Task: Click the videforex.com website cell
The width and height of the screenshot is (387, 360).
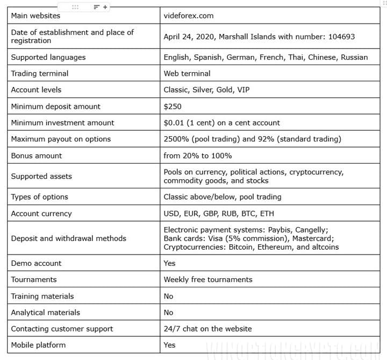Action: click(x=188, y=16)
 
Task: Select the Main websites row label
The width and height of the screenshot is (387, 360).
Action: click(x=35, y=16)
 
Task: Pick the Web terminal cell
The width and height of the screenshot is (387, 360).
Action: click(x=187, y=73)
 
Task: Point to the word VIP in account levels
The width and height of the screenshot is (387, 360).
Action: click(x=243, y=90)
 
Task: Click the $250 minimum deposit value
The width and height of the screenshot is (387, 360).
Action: click(x=173, y=107)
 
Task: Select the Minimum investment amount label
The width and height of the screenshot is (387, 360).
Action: click(x=62, y=123)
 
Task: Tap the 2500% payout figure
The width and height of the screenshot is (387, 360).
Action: click(x=177, y=139)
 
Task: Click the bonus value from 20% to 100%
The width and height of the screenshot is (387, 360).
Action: click(x=197, y=156)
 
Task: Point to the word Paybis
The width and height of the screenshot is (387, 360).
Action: click(x=274, y=230)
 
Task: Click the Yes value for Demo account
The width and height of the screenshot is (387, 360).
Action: click(x=169, y=263)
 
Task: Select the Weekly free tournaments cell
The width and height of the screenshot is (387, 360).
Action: click(x=207, y=280)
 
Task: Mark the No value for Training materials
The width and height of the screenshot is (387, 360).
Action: click(x=168, y=296)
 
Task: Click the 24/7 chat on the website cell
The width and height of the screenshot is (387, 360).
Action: click(x=207, y=329)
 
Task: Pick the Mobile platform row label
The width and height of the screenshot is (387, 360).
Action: click(x=38, y=345)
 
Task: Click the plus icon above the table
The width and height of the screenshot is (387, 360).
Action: click(x=105, y=7)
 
